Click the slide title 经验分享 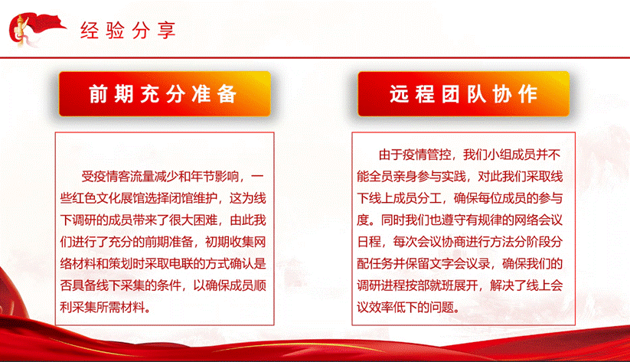[129, 31]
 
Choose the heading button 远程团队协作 [463, 94]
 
